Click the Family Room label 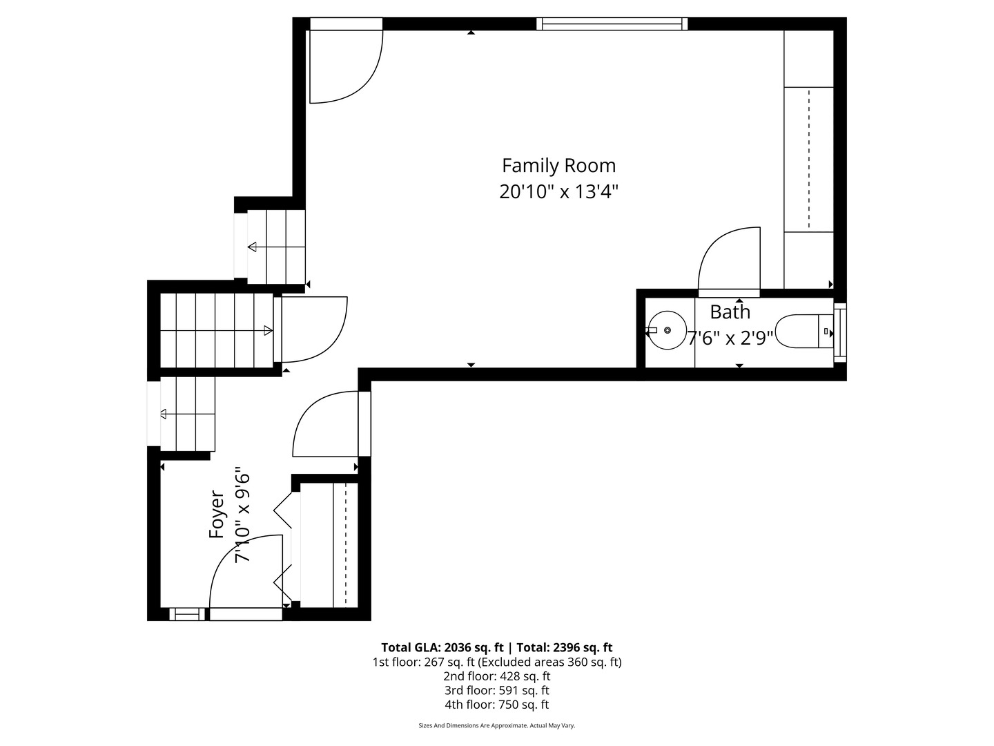[559, 166]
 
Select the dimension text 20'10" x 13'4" [559, 191]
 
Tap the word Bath [730, 312]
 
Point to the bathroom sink [667, 330]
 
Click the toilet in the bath [804, 331]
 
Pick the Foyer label [217, 515]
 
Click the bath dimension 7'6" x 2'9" [730, 338]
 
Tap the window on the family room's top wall [612, 23]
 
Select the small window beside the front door [186, 614]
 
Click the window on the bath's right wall [840, 332]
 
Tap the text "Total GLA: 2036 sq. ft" [442, 647]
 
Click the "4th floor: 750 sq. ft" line [497, 705]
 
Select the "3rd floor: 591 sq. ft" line [497, 690]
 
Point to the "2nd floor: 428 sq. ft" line [497, 676]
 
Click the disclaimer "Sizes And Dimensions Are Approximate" [473, 725]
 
